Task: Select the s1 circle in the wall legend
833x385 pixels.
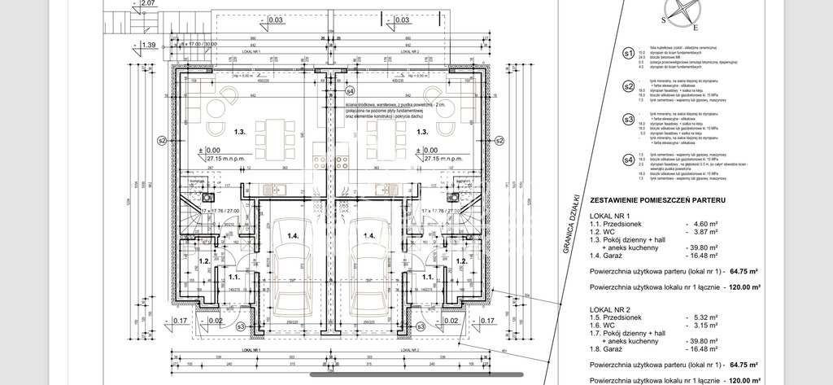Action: click(627, 54)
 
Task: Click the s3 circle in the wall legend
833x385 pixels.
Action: click(627, 119)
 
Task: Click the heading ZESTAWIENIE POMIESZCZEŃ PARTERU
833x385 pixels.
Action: click(657, 199)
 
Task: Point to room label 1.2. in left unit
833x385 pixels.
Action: click(205, 261)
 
